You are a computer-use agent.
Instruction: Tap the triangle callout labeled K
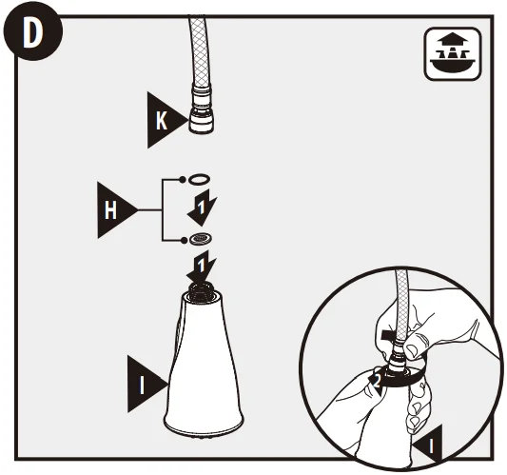pos(165,120)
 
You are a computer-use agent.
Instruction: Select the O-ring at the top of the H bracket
pos(199,179)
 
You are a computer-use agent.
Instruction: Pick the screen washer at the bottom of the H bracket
pos(201,239)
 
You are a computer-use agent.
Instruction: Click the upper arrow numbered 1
pos(202,208)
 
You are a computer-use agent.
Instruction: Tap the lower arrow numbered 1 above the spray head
pos(201,267)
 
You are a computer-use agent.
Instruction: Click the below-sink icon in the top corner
pos(453,53)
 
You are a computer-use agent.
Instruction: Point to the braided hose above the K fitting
pos(198,50)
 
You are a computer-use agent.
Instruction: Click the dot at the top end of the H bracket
pos(183,179)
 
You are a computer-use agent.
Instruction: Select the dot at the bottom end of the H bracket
pos(184,240)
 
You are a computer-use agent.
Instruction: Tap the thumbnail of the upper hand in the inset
pos(412,349)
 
